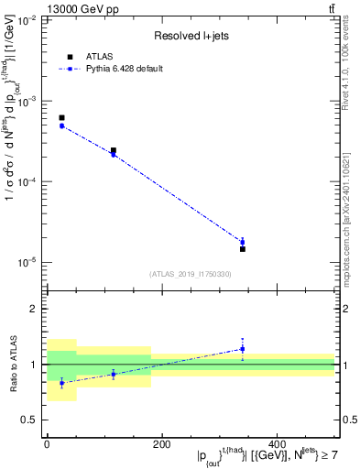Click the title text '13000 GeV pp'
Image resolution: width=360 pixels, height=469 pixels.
point(76,9)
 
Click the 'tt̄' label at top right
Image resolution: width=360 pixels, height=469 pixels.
point(331,9)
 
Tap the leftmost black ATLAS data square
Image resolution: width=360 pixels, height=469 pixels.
point(61,118)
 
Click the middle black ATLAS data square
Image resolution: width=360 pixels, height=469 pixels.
point(114,150)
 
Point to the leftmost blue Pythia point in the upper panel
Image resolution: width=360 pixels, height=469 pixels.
point(61,125)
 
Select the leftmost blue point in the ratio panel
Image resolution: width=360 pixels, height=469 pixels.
point(61,383)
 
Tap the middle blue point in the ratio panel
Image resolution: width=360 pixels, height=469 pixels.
point(114,374)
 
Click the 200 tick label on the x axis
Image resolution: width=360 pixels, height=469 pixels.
point(161,444)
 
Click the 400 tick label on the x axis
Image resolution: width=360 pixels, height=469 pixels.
point(277,444)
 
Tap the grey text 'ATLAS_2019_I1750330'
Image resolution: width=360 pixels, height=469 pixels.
point(190,274)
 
